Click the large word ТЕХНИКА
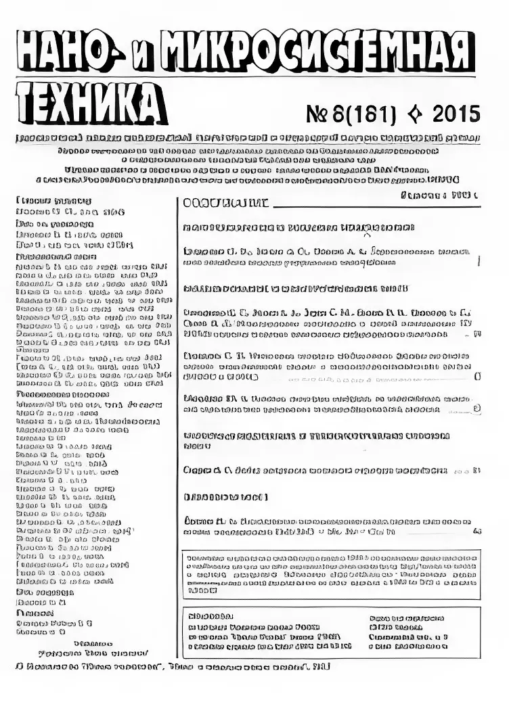tap(91, 104)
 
